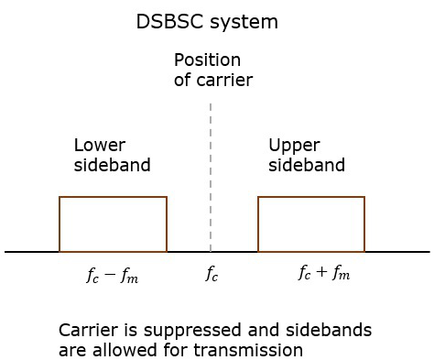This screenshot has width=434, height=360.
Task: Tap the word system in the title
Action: (245, 21)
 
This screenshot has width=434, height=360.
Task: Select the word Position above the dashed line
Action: (208, 61)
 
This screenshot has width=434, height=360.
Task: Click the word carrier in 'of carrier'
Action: (223, 80)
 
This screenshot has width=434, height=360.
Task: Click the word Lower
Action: (99, 146)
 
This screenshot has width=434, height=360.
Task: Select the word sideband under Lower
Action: (112, 165)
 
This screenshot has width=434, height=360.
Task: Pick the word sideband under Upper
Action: (307, 165)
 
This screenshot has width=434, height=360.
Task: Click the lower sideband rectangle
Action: (113, 224)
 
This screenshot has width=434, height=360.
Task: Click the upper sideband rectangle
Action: (311, 224)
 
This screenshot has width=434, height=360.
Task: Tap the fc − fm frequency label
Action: (112, 274)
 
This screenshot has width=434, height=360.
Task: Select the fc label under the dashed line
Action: (212, 273)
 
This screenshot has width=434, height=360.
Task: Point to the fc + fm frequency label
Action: (324, 272)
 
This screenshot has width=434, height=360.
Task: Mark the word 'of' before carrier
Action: (182, 80)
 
